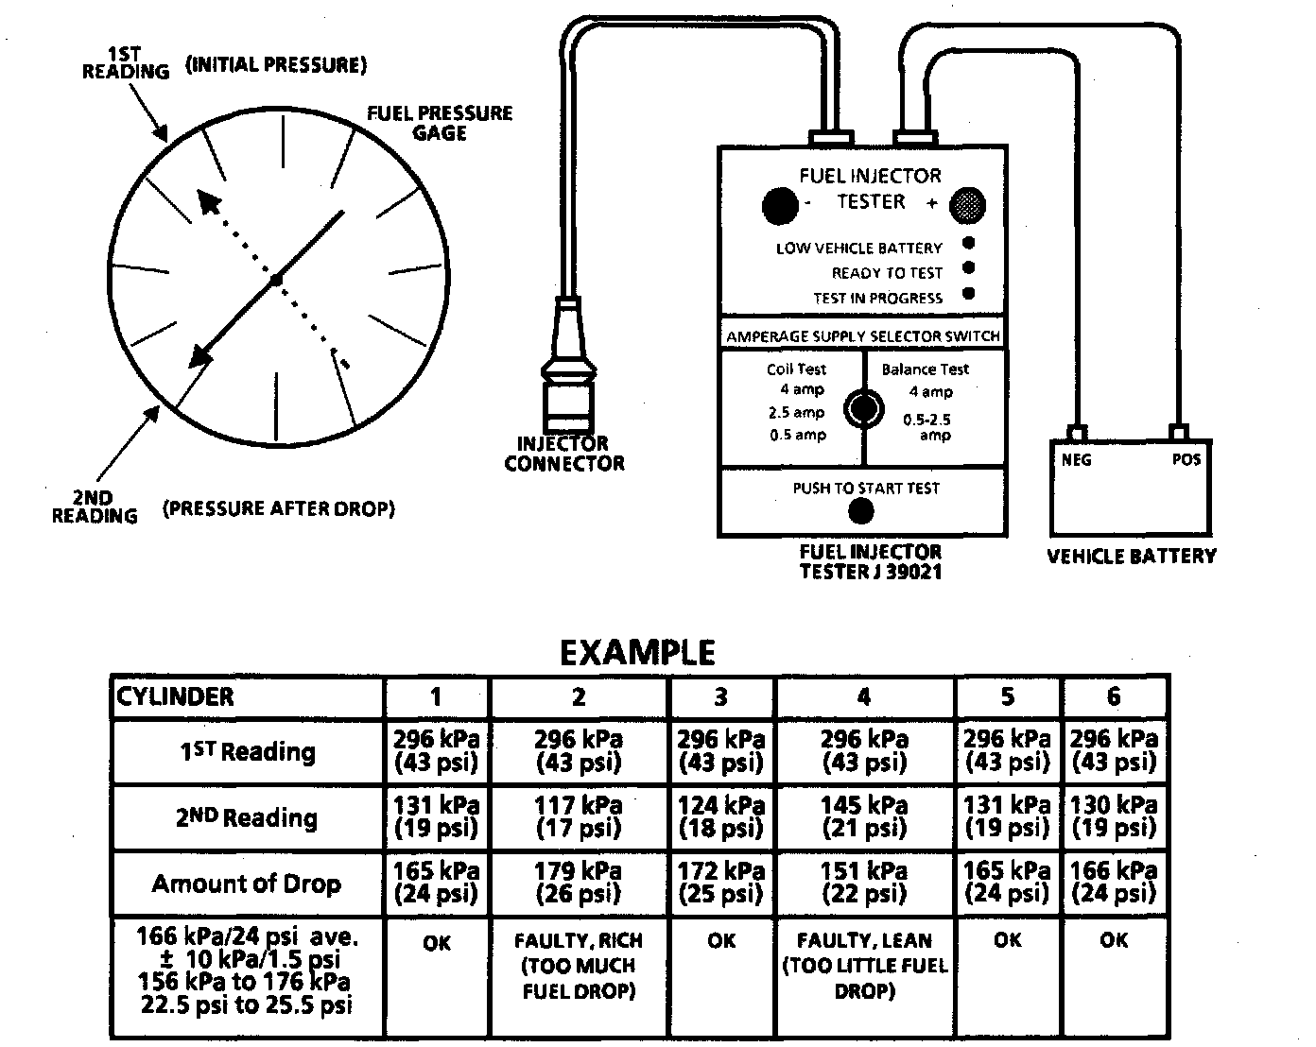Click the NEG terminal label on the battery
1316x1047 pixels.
tap(1076, 460)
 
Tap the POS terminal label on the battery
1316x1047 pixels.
tap(1186, 459)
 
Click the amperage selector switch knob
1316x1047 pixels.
tap(863, 409)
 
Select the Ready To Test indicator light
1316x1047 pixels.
tap(968, 268)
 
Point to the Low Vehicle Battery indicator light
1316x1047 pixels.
tap(968, 243)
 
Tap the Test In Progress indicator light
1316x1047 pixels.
tap(968, 294)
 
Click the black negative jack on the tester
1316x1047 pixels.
tap(780, 206)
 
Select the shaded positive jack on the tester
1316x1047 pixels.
tap(966, 205)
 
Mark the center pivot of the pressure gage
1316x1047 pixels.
tap(276, 281)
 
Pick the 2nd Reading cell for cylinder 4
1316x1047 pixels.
tap(864, 817)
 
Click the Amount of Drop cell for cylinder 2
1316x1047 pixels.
tap(579, 883)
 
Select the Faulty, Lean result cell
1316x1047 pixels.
tap(864, 966)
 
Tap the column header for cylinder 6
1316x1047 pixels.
tap(1114, 697)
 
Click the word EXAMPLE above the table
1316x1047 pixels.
tap(637, 653)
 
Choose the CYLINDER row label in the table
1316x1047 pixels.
tap(175, 697)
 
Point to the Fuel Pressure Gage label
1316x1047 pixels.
tap(440, 123)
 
